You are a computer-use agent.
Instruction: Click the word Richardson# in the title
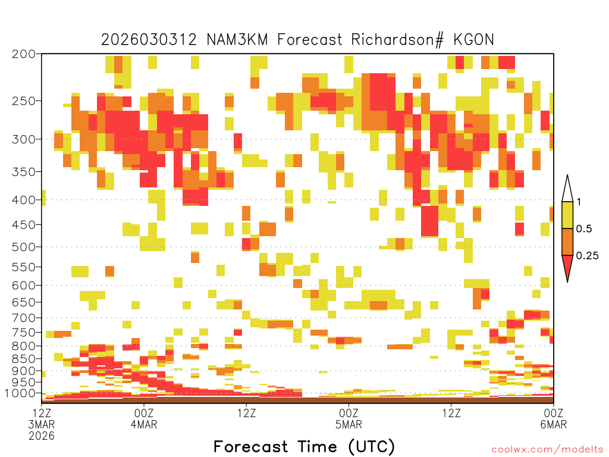coord(397,40)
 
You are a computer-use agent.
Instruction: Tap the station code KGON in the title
coord(474,40)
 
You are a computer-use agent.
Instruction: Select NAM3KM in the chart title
coord(237,40)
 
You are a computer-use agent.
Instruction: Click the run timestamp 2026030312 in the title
coord(149,40)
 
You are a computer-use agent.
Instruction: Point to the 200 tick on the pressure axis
coord(23,54)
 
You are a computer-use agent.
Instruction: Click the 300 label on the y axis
coord(23,139)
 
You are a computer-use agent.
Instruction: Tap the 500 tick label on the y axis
coord(23,247)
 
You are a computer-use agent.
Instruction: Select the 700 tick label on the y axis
coord(23,318)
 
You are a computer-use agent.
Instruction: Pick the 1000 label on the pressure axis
coord(20,393)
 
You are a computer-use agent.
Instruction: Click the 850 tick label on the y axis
coord(23,359)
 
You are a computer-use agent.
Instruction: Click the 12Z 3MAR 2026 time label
coord(42,424)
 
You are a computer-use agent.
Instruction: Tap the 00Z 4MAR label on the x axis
coord(144,418)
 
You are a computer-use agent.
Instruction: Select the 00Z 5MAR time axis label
coord(349,418)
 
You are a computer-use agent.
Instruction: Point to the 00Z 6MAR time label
coord(554,418)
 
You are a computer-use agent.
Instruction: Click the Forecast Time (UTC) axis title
coord(304,446)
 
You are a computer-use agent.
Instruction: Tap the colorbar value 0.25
coord(587,255)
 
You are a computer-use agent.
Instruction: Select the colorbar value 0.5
coord(584,228)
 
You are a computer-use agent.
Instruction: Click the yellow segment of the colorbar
coord(567,215)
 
